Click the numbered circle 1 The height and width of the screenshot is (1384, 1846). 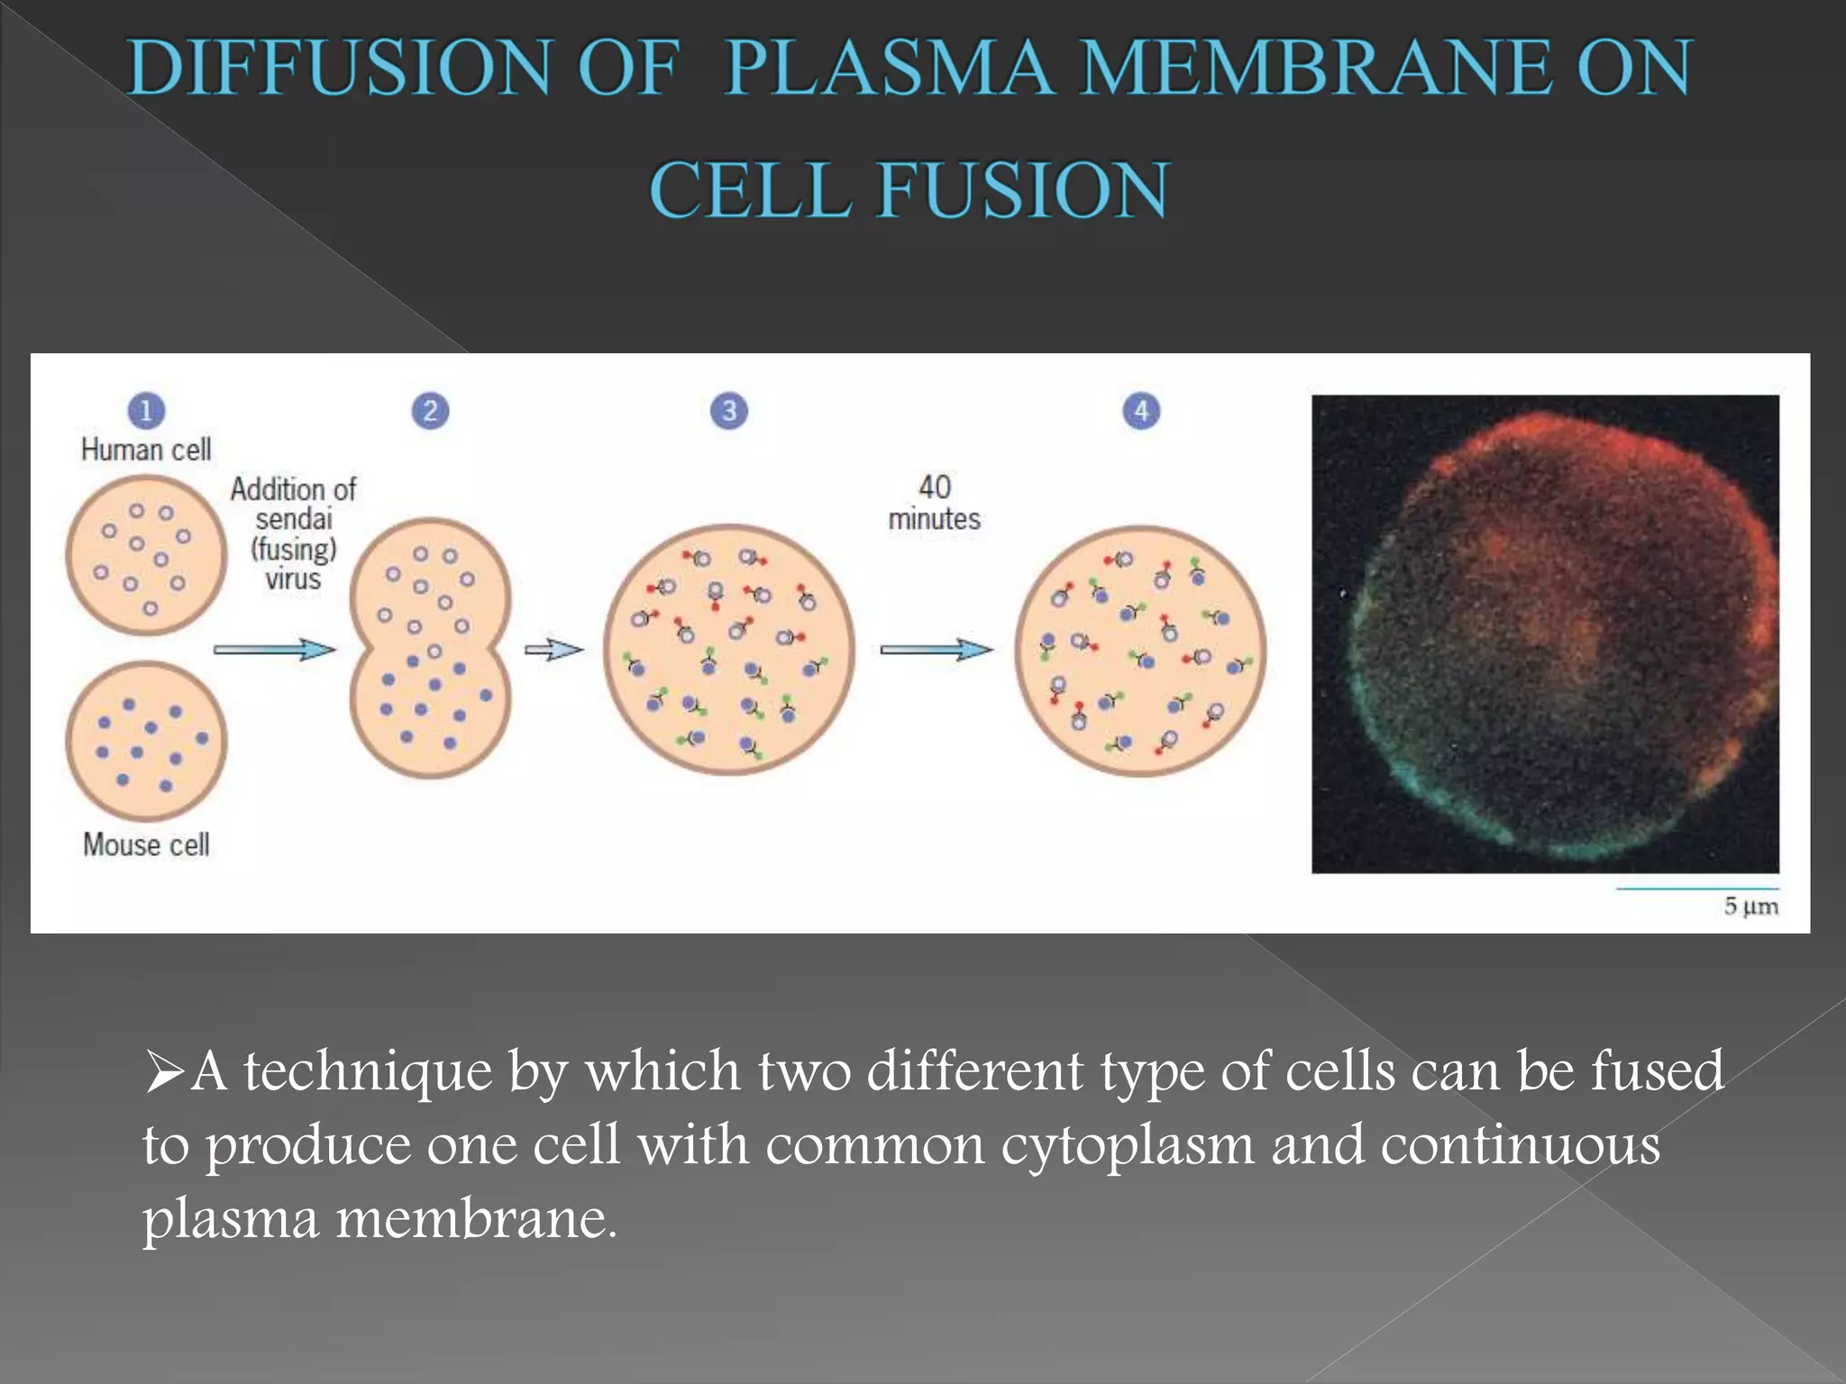coord(146,411)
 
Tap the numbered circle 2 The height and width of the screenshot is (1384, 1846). coord(430,411)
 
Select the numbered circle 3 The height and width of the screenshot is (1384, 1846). coord(728,411)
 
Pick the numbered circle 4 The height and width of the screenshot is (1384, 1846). coord(1141,411)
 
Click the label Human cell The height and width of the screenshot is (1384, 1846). coord(146,449)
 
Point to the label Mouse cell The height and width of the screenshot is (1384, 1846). coord(146,844)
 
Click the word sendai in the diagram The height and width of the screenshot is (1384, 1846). coord(294,519)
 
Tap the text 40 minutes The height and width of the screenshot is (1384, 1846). coord(935,503)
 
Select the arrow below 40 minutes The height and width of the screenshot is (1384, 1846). coord(936,649)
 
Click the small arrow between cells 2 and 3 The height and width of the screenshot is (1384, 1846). coord(553,649)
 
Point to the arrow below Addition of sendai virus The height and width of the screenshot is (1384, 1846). coord(274,649)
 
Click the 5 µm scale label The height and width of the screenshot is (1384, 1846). coord(1750,906)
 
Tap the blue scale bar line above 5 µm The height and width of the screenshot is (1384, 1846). coord(1696,888)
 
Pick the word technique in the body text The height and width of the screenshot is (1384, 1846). coord(368,1072)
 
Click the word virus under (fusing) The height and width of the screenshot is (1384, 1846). coord(293,578)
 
